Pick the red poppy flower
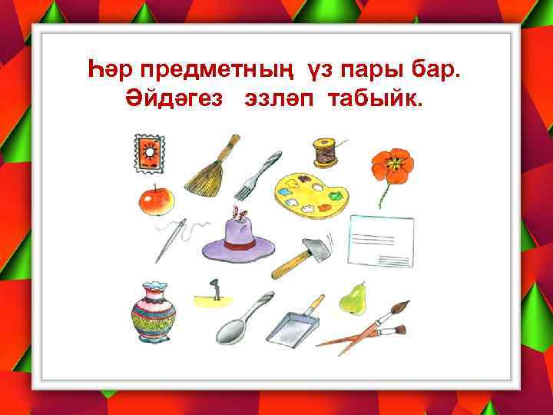(392, 165)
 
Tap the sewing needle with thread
(173, 239)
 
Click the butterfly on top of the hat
(241, 216)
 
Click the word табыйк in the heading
(375, 102)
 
